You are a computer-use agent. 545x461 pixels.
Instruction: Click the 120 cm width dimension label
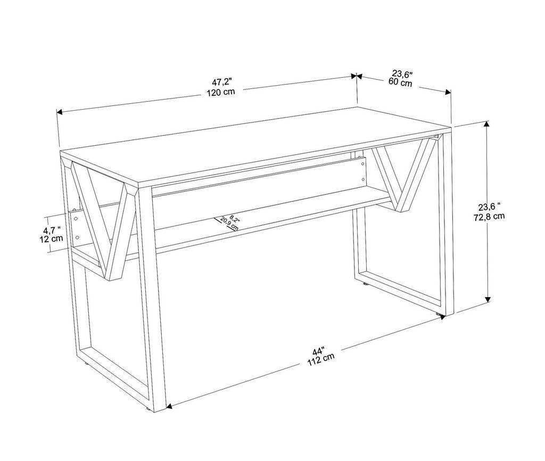[x=221, y=91]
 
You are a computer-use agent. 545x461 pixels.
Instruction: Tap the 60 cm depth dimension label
[x=400, y=83]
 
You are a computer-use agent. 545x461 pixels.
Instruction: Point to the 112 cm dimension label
[x=321, y=360]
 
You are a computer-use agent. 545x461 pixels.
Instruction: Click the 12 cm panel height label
[x=52, y=238]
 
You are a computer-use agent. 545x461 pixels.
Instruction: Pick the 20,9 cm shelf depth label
[x=229, y=224]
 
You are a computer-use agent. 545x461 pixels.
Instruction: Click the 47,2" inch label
[x=222, y=81]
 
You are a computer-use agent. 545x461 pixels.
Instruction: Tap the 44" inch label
[x=318, y=351]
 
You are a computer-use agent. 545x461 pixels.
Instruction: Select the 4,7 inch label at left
[x=52, y=229]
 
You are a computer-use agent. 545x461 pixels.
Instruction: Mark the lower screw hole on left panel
[x=78, y=237]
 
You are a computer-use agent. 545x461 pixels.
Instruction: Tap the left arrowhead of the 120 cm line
[x=60, y=112]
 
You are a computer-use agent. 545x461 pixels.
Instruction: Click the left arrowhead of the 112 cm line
[x=168, y=407]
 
